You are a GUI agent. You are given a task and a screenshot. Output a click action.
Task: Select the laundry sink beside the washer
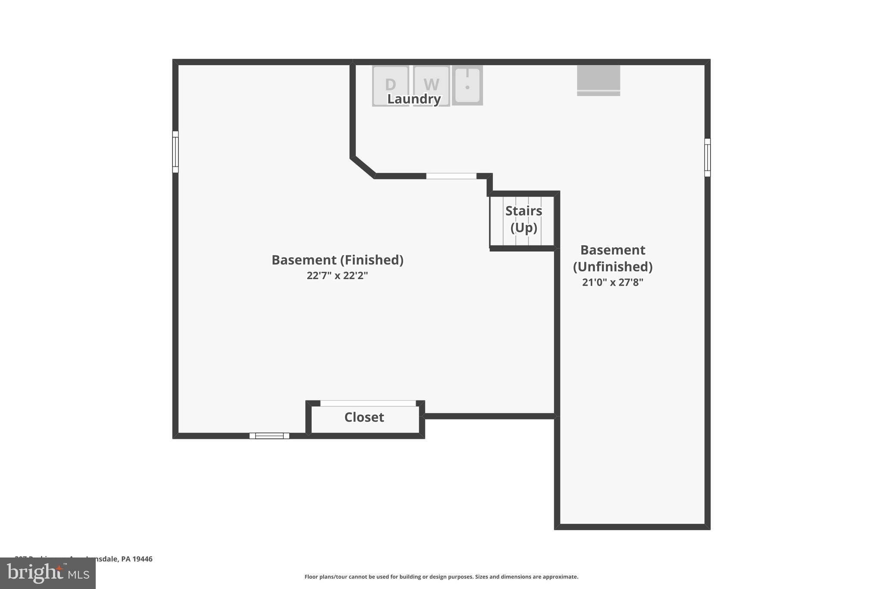click(x=467, y=85)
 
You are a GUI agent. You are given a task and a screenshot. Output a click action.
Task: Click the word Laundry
click(x=414, y=99)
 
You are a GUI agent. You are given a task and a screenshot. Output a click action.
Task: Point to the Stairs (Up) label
click(x=523, y=219)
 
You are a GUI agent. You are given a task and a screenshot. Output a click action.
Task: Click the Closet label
click(x=364, y=417)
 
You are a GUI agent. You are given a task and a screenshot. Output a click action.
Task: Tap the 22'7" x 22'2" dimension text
click(x=337, y=275)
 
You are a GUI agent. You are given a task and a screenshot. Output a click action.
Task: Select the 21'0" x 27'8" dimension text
click(x=613, y=282)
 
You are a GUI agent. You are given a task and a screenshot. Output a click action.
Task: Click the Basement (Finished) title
click(x=337, y=260)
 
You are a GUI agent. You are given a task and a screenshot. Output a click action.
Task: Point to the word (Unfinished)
click(x=613, y=267)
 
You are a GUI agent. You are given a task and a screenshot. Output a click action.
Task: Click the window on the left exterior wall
click(x=175, y=152)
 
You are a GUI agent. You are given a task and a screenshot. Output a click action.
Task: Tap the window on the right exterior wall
click(x=707, y=157)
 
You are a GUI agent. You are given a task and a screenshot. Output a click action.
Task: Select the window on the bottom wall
click(x=269, y=436)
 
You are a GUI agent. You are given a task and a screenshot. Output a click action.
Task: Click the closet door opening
click(x=368, y=403)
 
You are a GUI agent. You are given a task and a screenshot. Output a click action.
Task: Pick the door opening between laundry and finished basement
click(x=451, y=176)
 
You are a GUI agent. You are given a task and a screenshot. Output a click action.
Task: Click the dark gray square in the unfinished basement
click(x=598, y=78)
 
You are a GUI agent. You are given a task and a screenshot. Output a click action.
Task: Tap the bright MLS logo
click(x=48, y=573)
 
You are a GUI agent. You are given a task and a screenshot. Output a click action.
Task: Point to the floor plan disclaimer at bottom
click(x=441, y=577)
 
